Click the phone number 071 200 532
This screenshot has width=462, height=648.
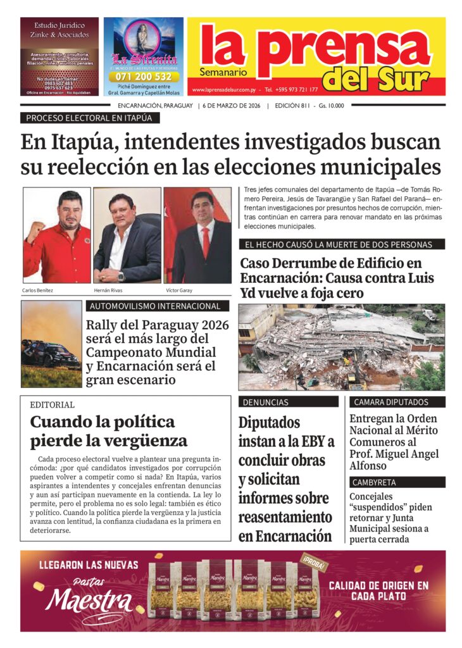pos(144,77)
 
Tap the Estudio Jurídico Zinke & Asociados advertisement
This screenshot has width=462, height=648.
pos(59,56)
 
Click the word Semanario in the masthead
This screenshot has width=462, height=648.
pos(222,72)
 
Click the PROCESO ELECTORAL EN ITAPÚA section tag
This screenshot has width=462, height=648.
pos(89,118)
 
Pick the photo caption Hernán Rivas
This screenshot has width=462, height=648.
pos(109,290)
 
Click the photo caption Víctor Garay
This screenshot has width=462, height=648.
pos(179,290)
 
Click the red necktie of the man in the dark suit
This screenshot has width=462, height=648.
pos(206,242)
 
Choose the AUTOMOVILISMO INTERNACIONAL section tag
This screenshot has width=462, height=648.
pos(156,306)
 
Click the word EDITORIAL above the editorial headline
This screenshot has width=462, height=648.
pos(52,404)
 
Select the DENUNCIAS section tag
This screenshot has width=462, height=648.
pos(265,402)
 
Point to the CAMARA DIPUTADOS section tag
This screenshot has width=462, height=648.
pos(390,402)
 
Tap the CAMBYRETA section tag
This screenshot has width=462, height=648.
pos(375,483)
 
